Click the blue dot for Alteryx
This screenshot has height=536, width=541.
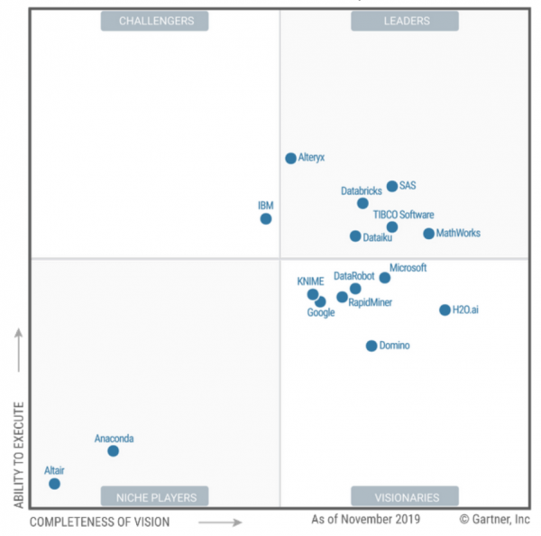point(290,158)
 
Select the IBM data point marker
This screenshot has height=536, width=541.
point(266,218)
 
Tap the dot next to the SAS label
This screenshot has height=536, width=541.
point(392,187)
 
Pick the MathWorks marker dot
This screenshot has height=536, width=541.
point(429,234)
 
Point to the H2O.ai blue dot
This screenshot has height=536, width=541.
point(445,310)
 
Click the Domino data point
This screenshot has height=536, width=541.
point(371,346)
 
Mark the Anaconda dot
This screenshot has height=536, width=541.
point(113,450)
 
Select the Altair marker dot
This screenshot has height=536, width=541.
point(54,484)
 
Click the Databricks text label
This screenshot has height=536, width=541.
point(361,191)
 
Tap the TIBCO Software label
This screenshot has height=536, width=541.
point(403,215)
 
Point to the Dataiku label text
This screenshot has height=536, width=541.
point(377,237)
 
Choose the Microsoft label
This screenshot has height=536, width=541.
point(408,268)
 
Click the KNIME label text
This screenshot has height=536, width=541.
point(310,282)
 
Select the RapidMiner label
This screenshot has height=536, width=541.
point(370,302)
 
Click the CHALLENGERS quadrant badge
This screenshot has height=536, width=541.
point(154,21)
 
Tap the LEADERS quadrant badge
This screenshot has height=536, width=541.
point(404,21)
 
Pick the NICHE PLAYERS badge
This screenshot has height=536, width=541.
point(154,496)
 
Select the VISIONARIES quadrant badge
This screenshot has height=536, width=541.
point(404,496)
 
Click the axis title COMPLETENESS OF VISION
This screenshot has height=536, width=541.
point(99,522)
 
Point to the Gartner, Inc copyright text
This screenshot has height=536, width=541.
point(494,520)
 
